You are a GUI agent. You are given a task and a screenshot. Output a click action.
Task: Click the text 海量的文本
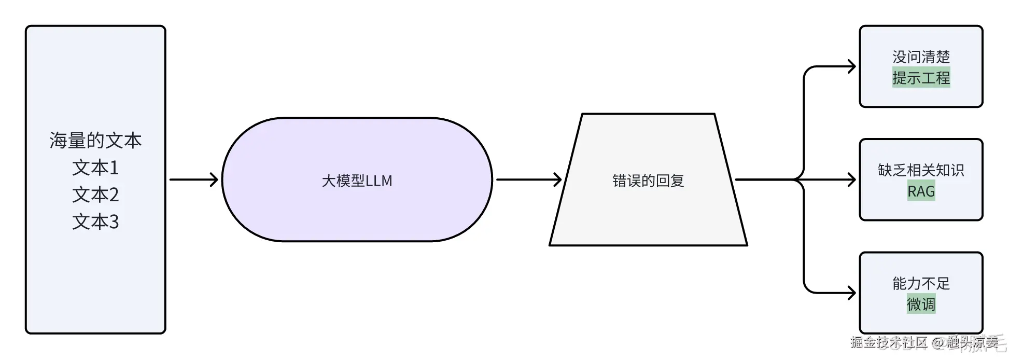[95, 141]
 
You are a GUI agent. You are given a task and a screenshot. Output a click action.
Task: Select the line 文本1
[95, 168]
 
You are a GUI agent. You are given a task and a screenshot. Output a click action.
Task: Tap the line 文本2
[95, 195]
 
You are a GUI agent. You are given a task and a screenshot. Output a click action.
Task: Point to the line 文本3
[95, 221]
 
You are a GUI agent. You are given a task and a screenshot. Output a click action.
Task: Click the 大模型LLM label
[357, 181]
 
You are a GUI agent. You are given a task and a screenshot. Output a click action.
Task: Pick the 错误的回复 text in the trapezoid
[648, 181]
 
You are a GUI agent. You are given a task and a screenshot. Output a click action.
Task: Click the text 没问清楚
[921, 57]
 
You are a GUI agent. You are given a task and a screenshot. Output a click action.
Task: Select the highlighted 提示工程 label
[921, 78]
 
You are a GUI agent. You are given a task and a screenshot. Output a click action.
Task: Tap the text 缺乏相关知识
[921, 170]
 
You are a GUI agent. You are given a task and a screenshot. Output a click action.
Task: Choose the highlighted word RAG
[921, 191]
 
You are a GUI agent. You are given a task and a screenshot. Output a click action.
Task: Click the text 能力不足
[921, 283]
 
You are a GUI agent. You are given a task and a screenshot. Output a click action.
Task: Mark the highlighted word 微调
[921, 304]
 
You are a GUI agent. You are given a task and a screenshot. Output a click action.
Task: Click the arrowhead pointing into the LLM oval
[214, 180]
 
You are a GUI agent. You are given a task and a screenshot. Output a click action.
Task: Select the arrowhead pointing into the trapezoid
[558, 180]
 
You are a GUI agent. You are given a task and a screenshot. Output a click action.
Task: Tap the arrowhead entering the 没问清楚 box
[851, 66]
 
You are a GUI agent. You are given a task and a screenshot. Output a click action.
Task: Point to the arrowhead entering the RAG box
[851, 180]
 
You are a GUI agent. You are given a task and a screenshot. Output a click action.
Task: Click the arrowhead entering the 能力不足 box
[851, 293]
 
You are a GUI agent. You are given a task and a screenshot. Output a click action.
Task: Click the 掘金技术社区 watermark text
[888, 342]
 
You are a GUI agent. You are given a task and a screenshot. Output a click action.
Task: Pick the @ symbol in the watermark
[937, 343]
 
